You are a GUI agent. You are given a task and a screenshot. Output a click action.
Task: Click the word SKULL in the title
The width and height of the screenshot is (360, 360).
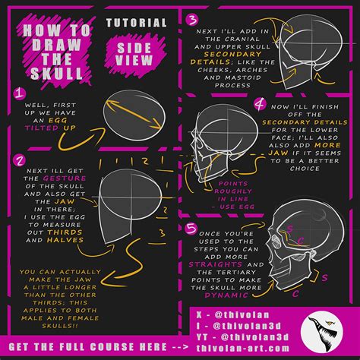click(54, 73)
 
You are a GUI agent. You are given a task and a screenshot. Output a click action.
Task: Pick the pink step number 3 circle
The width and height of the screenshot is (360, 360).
click(193, 19)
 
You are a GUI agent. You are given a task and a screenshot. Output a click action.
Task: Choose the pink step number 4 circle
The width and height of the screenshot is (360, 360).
click(260, 103)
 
